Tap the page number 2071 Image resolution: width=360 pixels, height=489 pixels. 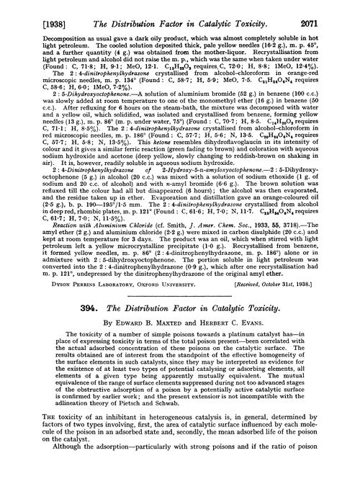click(342, 9)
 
